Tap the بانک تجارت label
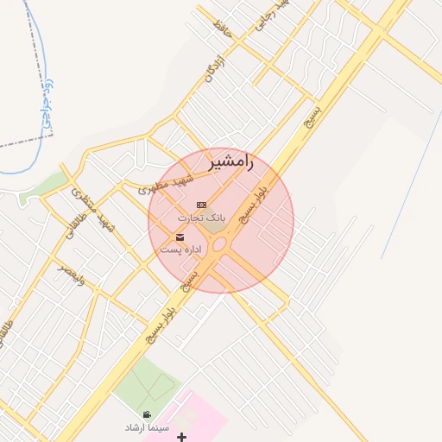(201, 218)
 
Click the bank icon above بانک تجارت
(201, 205)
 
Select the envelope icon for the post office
(180, 237)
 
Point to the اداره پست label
(180, 249)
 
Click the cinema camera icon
(148, 414)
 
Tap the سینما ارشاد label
(148, 427)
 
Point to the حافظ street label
(226, 28)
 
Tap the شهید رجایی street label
(268, 16)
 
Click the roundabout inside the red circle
(220, 245)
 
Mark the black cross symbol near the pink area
(181, 438)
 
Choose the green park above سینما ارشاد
(147, 384)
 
